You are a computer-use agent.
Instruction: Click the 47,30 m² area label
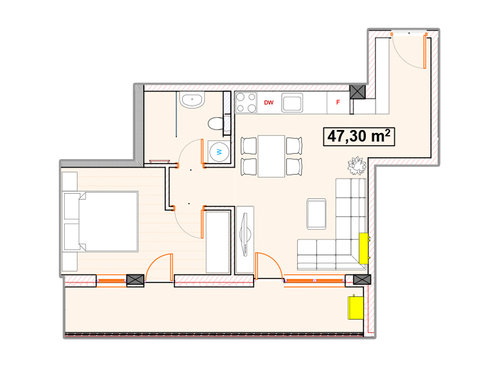pyautogui.click(x=359, y=137)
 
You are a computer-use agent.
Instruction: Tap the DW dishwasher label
pyautogui.click(x=269, y=102)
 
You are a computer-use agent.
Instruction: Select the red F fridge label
pyautogui.click(x=338, y=102)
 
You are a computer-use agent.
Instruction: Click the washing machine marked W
pyautogui.click(x=219, y=152)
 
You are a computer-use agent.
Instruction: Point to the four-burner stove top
pyautogui.click(x=246, y=103)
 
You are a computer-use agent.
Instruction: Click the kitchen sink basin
pyautogui.click(x=292, y=103)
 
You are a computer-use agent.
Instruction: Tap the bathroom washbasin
pyautogui.click(x=192, y=100)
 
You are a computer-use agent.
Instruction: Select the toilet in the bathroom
pyautogui.click(x=216, y=123)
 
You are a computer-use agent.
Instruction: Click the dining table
pyautogui.click(x=271, y=156)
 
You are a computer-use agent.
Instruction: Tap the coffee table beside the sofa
pyautogui.click(x=316, y=214)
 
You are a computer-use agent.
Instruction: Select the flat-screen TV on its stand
pyautogui.click(x=245, y=234)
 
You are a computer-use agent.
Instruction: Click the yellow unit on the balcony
pyautogui.click(x=356, y=307)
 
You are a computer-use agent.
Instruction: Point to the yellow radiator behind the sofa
pyautogui.click(x=364, y=249)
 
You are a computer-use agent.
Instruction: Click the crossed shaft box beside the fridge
pyautogui.click(x=357, y=92)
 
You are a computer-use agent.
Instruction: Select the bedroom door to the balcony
pyautogui.click(x=159, y=267)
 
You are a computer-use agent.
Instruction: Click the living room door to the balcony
pyautogui.click(x=269, y=266)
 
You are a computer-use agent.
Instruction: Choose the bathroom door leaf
pyautogui.click(x=202, y=151)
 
